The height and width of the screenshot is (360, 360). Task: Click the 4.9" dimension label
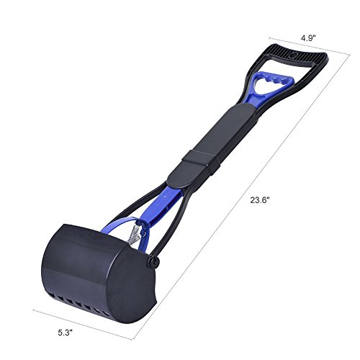pos(309,38)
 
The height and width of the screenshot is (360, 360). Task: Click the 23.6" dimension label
pos(260,200)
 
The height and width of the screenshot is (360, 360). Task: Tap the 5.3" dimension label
pos(65,333)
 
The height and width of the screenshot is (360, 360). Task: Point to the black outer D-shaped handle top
pos(295,54)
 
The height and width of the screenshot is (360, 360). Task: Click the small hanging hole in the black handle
pos(293,55)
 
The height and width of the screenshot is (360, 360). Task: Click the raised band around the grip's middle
pos(201,160)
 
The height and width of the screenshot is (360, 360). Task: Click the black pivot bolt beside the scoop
pos(153,262)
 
